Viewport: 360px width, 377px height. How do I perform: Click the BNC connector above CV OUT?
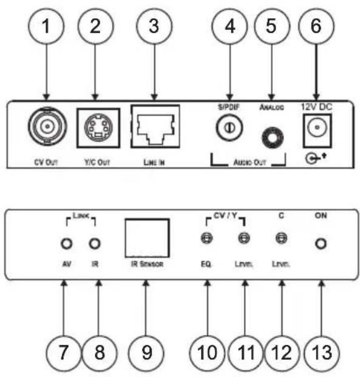click(47, 126)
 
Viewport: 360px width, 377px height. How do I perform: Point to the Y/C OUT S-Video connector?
click(98, 128)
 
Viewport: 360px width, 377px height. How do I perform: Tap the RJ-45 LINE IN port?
click(155, 126)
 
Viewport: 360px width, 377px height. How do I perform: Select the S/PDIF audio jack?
click(229, 127)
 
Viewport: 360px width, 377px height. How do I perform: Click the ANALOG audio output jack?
click(273, 138)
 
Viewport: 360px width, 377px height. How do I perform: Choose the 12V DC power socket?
click(317, 131)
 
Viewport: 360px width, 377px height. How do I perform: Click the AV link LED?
click(66, 243)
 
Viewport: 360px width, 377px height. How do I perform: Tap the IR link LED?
click(95, 243)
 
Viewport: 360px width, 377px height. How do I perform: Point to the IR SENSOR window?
click(147, 238)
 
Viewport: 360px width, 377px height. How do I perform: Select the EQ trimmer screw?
click(206, 238)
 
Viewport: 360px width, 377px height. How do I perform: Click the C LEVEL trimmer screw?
click(281, 238)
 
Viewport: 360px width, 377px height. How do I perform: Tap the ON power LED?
click(321, 243)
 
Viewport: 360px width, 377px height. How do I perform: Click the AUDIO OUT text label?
click(250, 163)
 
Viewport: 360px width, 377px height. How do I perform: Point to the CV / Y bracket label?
click(226, 216)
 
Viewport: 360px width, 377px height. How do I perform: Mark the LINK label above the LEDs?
click(81, 216)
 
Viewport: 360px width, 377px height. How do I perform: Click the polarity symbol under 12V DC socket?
click(316, 158)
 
